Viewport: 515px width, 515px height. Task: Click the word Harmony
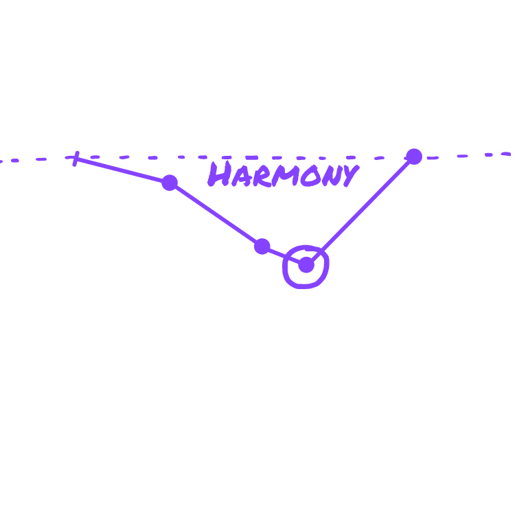pyautogui.click(x=282, y=174)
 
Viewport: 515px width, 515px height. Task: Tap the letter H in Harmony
pyautogui.click(x=219, y=174)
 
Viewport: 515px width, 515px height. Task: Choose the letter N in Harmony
pyautogui.click(x=328, y=176)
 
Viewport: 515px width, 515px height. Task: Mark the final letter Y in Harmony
pyautogui.click(x=348, y=176)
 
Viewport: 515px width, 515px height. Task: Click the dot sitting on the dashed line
pyautogui.click(x=414, y=157)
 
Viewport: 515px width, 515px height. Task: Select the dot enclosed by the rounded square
pyautogui.click(x=306, y=265)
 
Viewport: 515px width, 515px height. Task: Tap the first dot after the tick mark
pyautogui.click(x=170, y=183)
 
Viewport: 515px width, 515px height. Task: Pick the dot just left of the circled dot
pyautogui.click(x=262, y=247)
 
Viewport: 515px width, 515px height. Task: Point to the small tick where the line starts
pyautogui.click(x=76, y=159)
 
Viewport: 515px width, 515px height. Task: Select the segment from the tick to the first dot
pyautogui.click(x=122, y=170)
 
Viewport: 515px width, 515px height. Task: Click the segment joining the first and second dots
pyautogui.click(x=216, y=214)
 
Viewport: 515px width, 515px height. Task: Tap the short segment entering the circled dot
pyautogui.click(x=284, y=255)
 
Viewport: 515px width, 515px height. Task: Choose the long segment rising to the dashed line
pyautogui.click(x=360, y=211)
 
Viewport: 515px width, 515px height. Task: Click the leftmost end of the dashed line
pyautogui.click(x=2, y=161)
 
